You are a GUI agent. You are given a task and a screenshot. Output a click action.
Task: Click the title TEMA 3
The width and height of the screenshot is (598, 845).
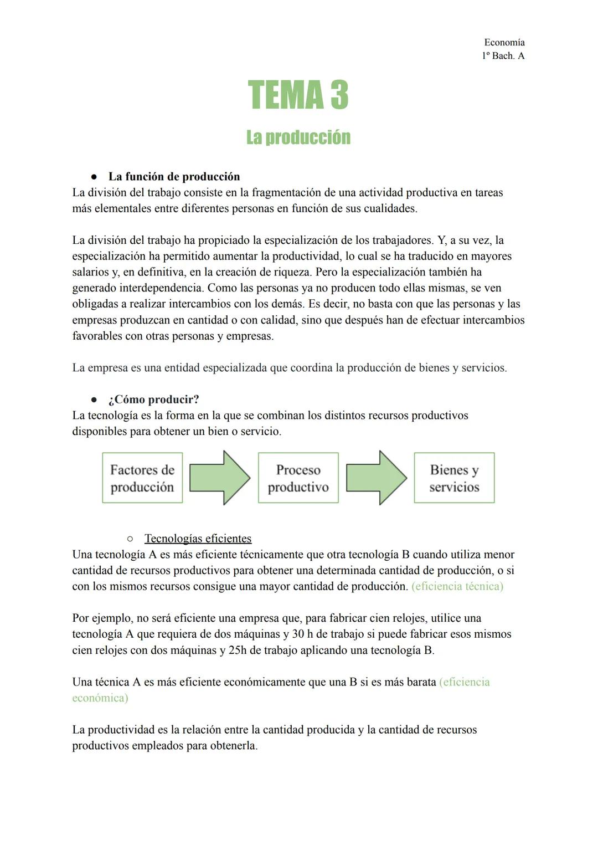[298, 95]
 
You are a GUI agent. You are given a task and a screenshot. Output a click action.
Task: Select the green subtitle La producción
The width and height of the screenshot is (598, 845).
[298, 137]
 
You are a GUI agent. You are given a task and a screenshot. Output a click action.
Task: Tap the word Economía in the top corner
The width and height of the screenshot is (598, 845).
[504, 43]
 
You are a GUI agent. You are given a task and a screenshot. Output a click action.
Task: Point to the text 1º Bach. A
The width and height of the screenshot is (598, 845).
[503, 56]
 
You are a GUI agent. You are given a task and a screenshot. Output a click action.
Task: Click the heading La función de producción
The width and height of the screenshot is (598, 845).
[174, 177]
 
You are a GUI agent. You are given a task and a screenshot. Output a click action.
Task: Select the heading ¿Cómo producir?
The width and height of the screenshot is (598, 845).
[153, 400]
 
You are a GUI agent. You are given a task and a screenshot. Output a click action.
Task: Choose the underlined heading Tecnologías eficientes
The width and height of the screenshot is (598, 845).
[198, 539]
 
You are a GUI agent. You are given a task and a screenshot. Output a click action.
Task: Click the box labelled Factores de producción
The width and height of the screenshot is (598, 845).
[142, 478]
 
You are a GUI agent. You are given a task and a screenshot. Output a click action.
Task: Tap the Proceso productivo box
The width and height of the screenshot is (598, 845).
[298, 478]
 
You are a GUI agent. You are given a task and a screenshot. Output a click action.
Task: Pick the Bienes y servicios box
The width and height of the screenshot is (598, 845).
[454, 478]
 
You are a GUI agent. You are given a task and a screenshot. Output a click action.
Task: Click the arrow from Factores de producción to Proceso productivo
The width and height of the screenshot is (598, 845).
[220, 478]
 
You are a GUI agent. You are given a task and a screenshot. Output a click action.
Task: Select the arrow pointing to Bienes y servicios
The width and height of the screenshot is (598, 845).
[377, 478]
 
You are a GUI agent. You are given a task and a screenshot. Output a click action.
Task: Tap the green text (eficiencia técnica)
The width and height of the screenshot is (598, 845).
[457, 587]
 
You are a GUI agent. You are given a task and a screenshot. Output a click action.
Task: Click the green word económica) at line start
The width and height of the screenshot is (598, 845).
[100, 698]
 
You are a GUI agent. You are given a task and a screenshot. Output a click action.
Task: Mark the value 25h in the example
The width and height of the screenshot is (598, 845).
[237, 651]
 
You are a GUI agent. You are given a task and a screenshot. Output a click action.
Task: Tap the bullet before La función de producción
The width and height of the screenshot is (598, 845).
[94, 177]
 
